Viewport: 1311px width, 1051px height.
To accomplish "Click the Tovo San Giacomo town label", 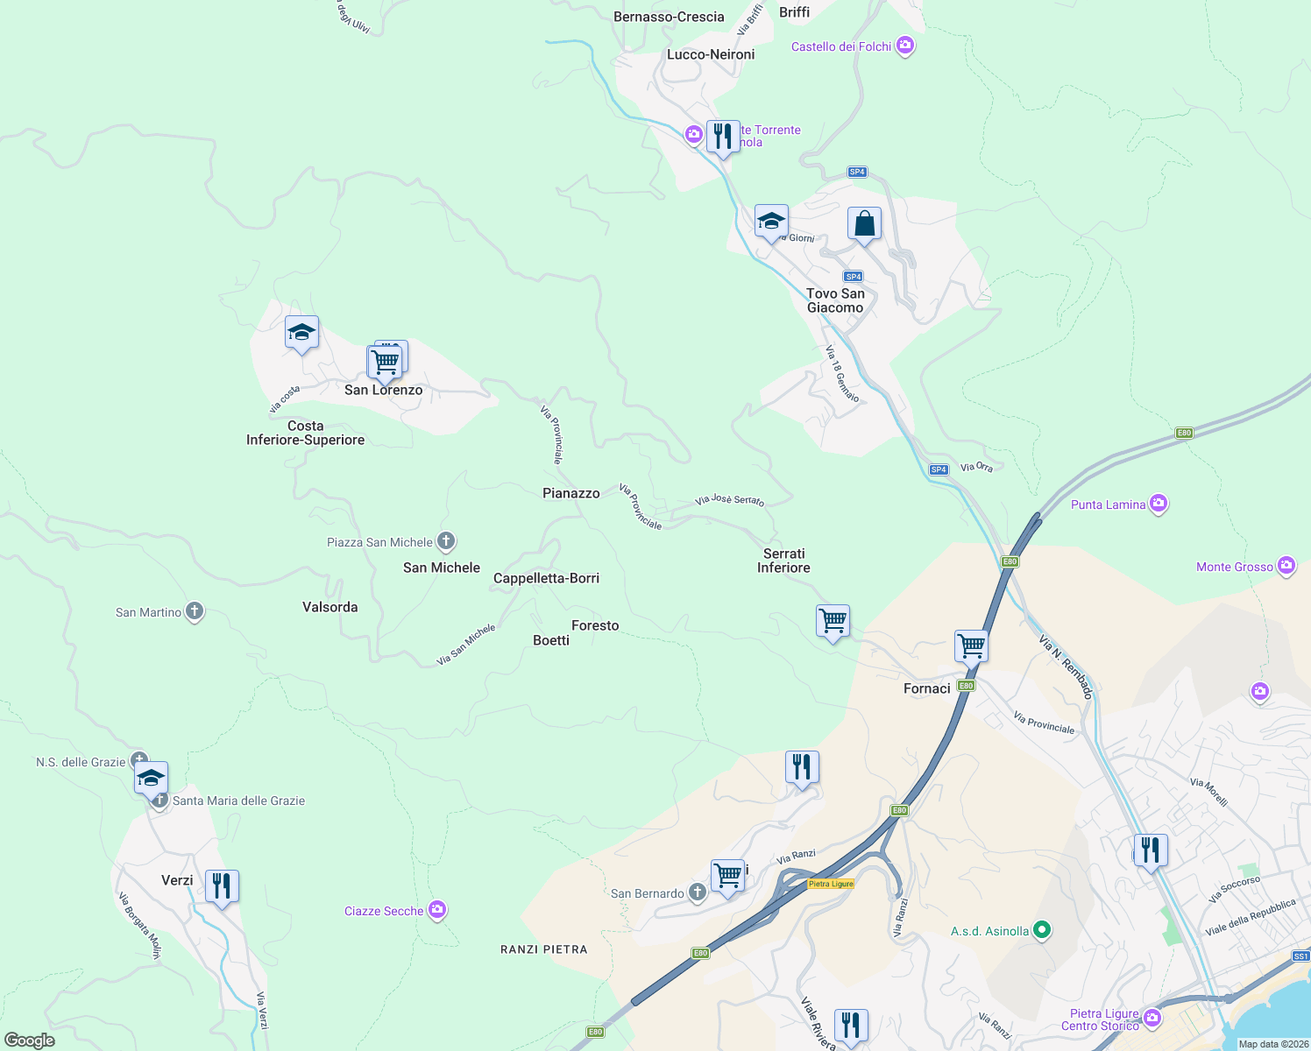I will tap(835, 300).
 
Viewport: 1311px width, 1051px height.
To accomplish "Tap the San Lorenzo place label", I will tap(383, 390).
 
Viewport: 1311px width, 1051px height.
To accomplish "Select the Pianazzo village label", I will tap(570, 493).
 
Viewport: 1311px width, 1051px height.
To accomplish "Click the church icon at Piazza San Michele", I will tap(446, 541).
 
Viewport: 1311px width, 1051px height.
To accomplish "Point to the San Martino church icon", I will tap(195, 611).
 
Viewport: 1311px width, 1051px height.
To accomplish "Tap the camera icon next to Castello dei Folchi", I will tap(905, 46).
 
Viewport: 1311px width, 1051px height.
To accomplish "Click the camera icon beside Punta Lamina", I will tap(1159, 504).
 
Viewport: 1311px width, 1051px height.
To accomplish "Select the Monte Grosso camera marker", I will tap(1286, 566).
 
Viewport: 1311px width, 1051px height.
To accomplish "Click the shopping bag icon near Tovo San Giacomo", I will tap(864, 224).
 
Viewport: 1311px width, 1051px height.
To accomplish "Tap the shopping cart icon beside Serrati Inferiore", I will tap(833, 621).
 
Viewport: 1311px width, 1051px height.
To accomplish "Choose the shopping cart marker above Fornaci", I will tap(971, 646).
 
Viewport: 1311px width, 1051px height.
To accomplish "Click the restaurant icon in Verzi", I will tap(222, 886).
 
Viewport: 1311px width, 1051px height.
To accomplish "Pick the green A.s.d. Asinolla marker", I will tap(1041, 930).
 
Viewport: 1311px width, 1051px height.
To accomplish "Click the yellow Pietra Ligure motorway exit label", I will tap(830, 884).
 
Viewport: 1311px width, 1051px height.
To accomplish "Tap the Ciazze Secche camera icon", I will tap(437, 910).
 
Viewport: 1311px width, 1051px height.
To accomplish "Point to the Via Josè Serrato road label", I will tap(729, 500).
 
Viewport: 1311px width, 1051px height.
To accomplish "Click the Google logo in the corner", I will tap(30, 1040).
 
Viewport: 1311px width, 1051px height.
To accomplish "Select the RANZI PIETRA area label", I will tap(543, 949).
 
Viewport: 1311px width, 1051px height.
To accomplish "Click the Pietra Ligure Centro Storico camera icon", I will tap(1152, 1018).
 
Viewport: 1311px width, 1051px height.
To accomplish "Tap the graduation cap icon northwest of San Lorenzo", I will tap(301, 333).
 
